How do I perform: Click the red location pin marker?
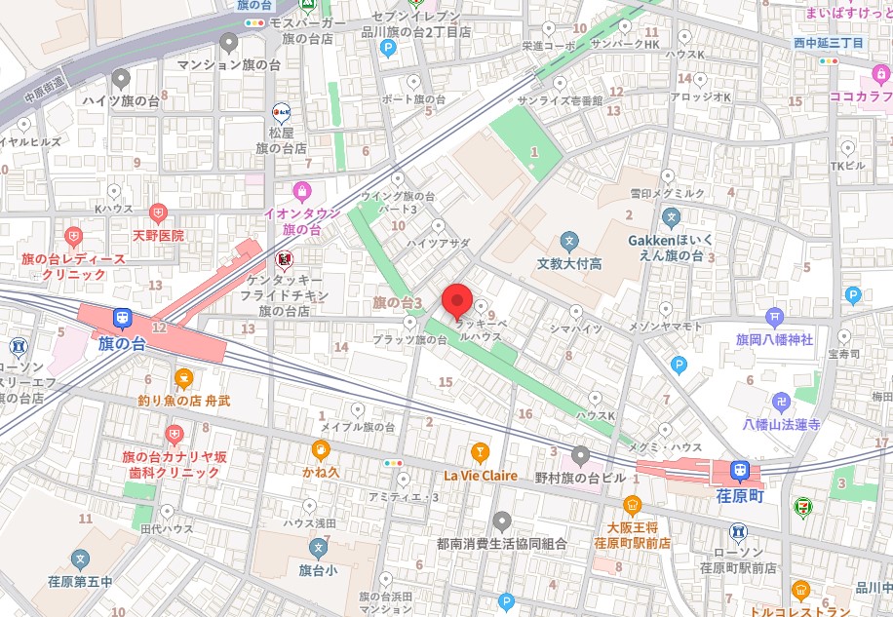pos(457,299)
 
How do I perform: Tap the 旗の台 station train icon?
pos(122,318)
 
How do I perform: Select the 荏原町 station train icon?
pos(740,471)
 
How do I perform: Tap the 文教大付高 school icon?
pos(569,240)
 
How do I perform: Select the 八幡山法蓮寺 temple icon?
pos(781,401)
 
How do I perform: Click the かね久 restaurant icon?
pos(319,449)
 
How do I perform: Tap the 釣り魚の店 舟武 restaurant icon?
pos(182,378)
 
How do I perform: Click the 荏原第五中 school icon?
pos(80,559)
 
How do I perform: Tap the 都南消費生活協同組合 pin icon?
pos(502,521)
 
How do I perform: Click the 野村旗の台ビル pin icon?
pos(581,454)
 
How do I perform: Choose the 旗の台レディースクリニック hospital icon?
pos(74,236)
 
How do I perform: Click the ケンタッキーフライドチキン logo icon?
pos(285,258)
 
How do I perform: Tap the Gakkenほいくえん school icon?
pos(671,216)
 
